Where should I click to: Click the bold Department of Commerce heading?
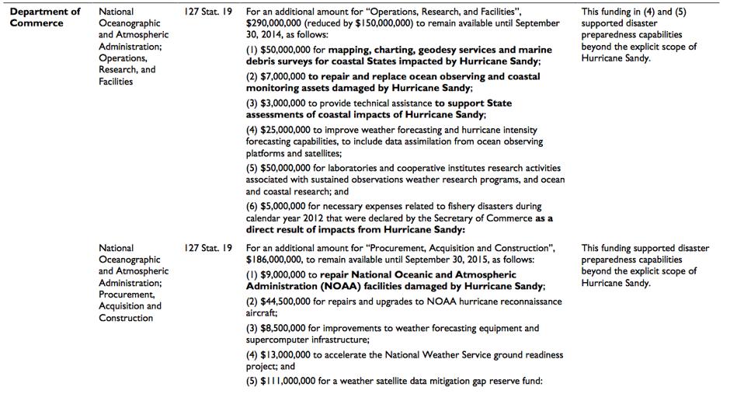pyautogui.click(x=45, y=17)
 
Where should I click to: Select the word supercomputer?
pyautogui.click(x=278, y=340)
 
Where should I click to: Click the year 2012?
pyautogui.click(x=308, y=218)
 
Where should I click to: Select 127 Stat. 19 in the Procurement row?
pyautogui.click(x=208, y=249)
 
